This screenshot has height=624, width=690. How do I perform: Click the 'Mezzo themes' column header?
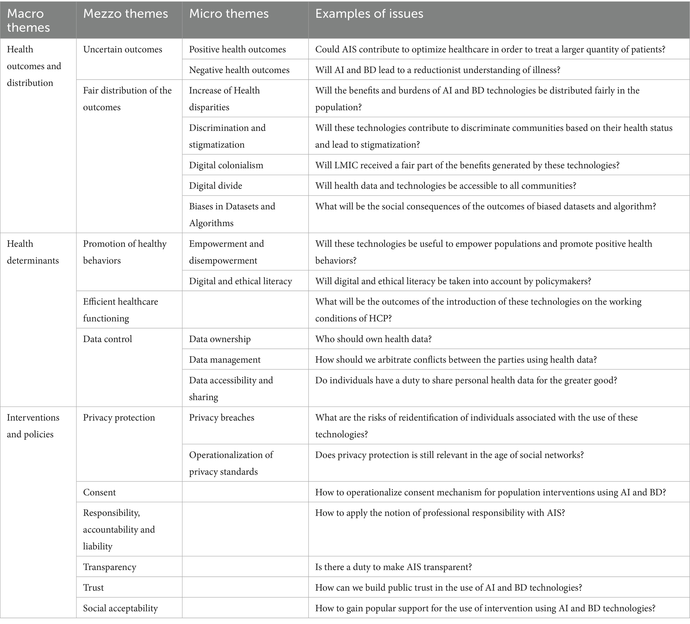[125, 14]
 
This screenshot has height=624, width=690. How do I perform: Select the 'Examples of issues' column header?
[369, 14]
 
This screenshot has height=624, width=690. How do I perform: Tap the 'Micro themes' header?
[229, 14]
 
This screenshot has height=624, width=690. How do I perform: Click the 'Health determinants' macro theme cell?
[33, 252]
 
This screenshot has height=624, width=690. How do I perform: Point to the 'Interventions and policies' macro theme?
[33, 426]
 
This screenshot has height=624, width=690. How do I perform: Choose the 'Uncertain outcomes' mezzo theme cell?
[122, 49]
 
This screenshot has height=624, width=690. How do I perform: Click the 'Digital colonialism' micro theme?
[226, 165]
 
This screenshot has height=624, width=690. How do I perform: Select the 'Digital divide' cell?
[215, 186]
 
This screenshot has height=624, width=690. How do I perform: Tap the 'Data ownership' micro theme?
[220, 339]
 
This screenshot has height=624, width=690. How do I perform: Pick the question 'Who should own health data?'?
[373, 339]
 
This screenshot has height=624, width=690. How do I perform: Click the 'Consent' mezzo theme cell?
[99, 492]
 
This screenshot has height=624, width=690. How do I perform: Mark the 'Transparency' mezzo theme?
[110, 567]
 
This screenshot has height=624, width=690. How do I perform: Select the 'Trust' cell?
[93, 588]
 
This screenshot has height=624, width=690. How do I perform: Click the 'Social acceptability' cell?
[120, 608]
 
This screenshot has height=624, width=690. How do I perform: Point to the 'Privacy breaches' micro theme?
[221, 418]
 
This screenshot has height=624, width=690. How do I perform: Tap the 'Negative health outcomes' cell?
[239, 70]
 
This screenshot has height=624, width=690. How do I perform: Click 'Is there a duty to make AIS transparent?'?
[393, 567]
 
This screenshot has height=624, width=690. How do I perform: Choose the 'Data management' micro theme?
[224, 360]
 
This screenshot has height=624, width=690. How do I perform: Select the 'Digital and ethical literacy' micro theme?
[240, 281]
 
